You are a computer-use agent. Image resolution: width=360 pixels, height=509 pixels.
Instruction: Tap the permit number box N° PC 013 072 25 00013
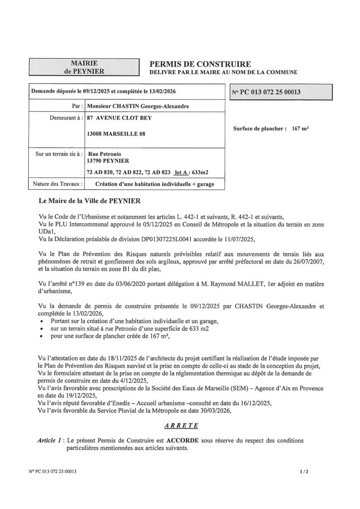[268, 92]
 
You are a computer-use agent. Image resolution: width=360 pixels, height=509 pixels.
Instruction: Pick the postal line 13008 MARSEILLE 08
[115, 134]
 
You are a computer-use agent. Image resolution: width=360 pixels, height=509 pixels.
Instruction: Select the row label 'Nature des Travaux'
[58, 183]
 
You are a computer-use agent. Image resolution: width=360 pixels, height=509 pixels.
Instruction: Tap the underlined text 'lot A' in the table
[182, 172]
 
